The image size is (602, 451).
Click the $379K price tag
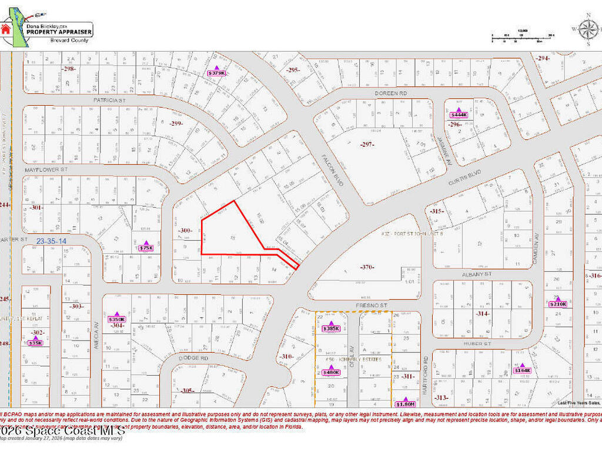(x=216, y=73)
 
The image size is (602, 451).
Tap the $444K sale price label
(x=459, y=115)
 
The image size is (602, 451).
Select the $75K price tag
(x=146, y=248)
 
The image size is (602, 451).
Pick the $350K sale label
(x=117, y=319)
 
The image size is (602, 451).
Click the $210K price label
(x=558, y=304)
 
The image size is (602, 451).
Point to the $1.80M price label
(x=406, y=404)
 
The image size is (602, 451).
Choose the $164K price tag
(x=522, y=371)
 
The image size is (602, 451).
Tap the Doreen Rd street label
(x=391, y=93)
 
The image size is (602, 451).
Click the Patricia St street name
(x=110, y=100)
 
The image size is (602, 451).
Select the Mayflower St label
(x=46, y=169)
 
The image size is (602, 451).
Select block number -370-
(x=367, y=268)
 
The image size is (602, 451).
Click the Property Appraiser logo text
(x=59, y=32)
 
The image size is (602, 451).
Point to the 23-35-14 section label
(x=51, y=241)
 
